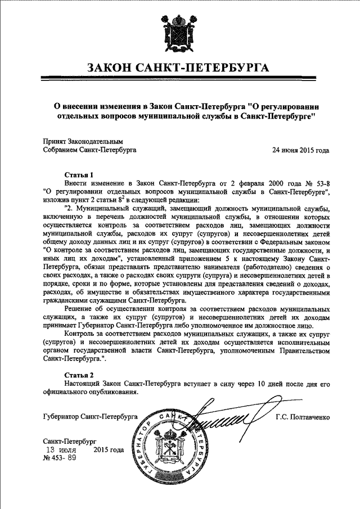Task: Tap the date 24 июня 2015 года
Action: tap(300, 151)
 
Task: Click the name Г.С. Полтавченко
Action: tap(302, 417)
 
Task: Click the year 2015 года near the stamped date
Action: tap(108, 450)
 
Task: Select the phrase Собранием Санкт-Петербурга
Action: tap(89, 151)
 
